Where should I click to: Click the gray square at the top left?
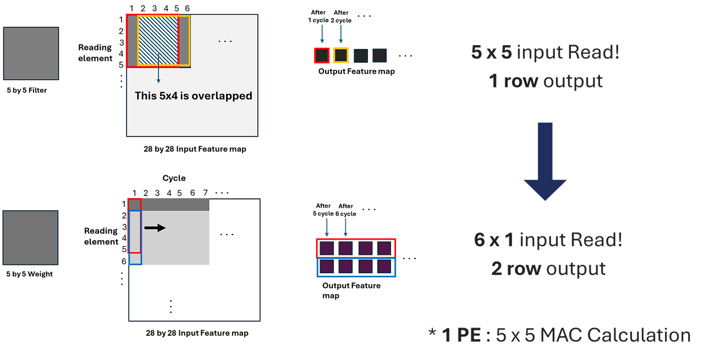31,53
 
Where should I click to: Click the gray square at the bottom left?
31,237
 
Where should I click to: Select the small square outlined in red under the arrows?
322,56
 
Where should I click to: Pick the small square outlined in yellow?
341,56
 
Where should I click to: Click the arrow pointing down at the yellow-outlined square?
340,34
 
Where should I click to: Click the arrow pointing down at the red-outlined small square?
322,34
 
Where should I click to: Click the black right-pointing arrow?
155,228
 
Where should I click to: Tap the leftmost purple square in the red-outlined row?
327,248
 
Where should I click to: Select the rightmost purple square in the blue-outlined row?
383,268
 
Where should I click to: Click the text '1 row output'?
545,81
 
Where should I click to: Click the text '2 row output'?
548,269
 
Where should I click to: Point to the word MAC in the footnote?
558,335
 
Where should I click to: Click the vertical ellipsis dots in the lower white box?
171,306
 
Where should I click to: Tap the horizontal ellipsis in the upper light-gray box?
225,41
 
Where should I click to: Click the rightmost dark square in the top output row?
380,56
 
